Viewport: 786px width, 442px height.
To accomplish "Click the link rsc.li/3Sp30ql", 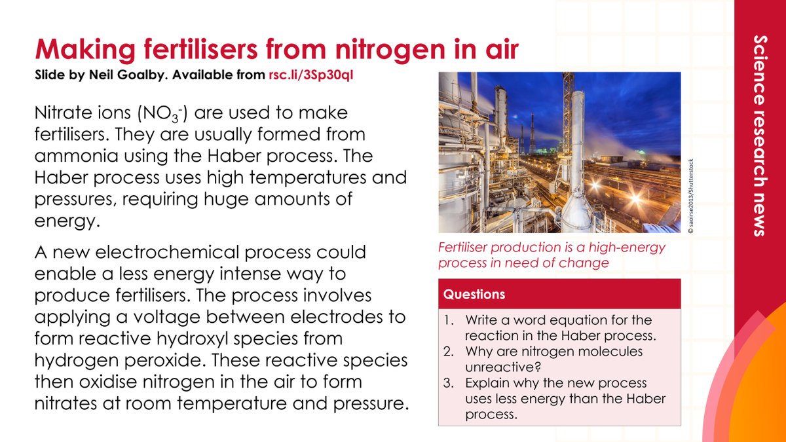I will coord(311,75).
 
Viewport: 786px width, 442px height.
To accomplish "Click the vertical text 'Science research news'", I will coord(759,134).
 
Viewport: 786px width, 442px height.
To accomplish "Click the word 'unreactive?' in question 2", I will coord(498,366).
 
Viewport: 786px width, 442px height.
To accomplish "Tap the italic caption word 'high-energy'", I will coord(629,248).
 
